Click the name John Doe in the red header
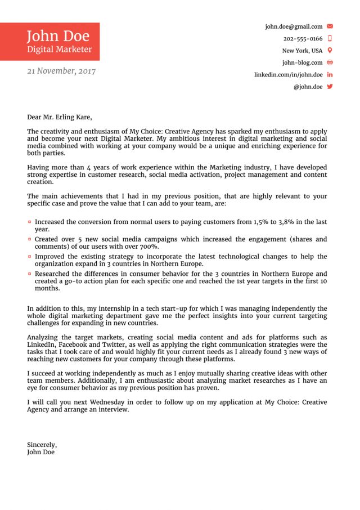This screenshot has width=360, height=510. pyautogui.click(x=58, y=36)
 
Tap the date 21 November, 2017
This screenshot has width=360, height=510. pyautogui.click(x=61, y=71)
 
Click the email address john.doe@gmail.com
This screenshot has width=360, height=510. pyautogui.click(x=294, y=26)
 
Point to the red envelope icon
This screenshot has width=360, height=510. pyautogui.click(x=330, y=26)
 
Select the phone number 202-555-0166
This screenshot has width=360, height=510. pyautogui.click(x=303, y=39)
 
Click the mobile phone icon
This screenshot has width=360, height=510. pyautogui.click(x=330, y=39)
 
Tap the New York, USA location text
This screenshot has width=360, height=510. pyautogui.click(x=302, y=51)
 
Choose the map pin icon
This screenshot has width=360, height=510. pyautogui.click(x=330, y=51)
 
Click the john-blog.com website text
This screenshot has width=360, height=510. pyautogui.click(x=302, y=62)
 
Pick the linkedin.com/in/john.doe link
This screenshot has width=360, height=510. pyautogui.click(x=288, y=75)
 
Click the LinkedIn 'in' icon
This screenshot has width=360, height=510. pyautogui.click(x=330, y=75)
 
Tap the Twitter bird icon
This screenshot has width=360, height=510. pyautogui.click(x=330, y=87)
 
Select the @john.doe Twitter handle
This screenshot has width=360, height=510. pyautogui.click(x=308, y=87)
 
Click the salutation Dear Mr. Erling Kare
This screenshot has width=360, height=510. pyautogui.click(x=59, y=118)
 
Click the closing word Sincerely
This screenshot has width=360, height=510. pyautogui.click(x=42, y=445)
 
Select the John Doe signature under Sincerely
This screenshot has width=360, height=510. pyautogui.click(x=40, y=452)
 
